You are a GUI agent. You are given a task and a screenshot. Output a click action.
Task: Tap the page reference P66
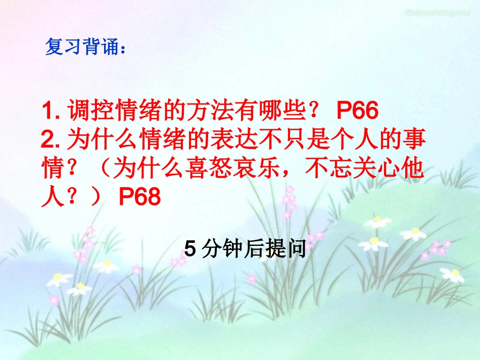(357, 112)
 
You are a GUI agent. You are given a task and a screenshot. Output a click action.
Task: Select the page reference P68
(140, 197)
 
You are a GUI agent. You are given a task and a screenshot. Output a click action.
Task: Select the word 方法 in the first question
(210, 112)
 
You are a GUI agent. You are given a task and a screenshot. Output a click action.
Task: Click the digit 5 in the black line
(190, 249)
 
